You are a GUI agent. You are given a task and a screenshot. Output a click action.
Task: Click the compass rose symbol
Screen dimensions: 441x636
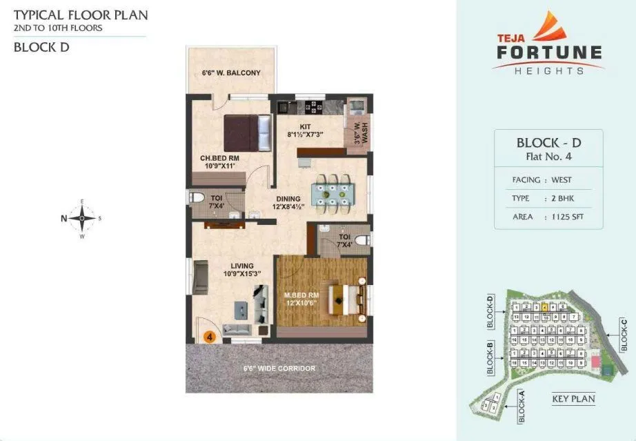[82, 218]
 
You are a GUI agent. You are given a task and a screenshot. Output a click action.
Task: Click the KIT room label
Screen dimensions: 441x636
[304, 126]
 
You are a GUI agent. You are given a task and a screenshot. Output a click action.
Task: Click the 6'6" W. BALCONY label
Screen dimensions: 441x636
[231, 72]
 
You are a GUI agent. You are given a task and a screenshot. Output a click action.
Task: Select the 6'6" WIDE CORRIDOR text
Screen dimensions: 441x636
[279, 369]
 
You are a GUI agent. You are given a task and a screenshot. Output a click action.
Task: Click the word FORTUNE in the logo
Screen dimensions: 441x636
[548, 52]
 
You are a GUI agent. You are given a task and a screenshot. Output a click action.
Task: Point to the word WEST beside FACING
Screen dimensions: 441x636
[562, 180]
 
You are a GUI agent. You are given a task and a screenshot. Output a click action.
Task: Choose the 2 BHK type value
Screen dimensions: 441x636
[563, 199]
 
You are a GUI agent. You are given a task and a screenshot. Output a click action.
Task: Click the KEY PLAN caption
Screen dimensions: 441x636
[573, 399]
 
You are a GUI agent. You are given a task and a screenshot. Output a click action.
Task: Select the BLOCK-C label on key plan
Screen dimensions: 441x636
[624, 335]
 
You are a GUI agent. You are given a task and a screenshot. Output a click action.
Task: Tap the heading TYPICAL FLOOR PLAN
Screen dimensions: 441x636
[81, 14]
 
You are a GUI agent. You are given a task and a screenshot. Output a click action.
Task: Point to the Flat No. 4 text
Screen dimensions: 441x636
[549, 156]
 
